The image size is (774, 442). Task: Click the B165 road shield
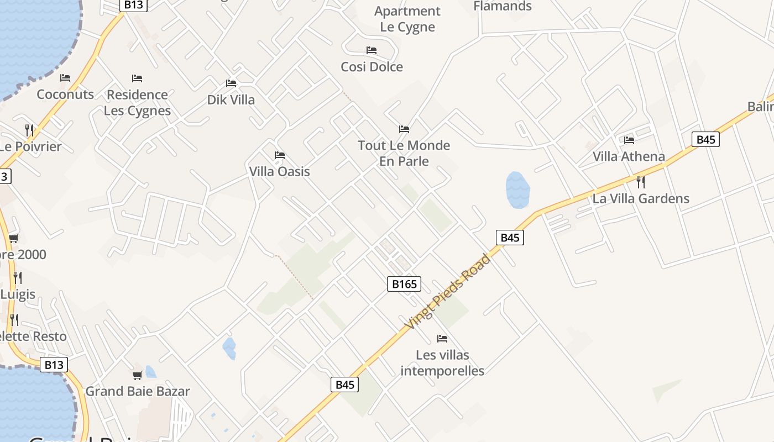tap(404, 284)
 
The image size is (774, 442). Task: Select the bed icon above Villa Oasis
tap(280, 155)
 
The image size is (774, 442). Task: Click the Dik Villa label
tap(231, 100)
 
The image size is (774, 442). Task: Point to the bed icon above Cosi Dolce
tap(372, 50)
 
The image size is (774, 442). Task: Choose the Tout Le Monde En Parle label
tap(404, 153)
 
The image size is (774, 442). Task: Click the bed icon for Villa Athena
tap(629, 140)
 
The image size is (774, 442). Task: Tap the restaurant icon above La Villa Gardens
tap(641, 182)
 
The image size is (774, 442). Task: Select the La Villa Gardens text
tap(641, 198)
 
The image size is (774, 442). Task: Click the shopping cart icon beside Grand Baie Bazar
tap(138, 376)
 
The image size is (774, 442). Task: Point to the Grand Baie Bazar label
tap(138, 391)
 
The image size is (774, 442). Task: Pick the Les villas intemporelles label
tap(442, 362)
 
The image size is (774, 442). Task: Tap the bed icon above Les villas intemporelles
tap(442, 338)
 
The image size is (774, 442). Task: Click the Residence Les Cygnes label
tap(137, 102)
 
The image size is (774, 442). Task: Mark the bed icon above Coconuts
tap(65, 78)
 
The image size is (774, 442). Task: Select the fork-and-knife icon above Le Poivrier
tap(29, 130)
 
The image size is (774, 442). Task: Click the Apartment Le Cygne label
tap(407, 19)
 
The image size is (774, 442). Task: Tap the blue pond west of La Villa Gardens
tap(517, 190)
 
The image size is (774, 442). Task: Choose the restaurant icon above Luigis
tap(18, 277)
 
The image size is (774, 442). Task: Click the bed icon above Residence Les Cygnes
tap(137, 78)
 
